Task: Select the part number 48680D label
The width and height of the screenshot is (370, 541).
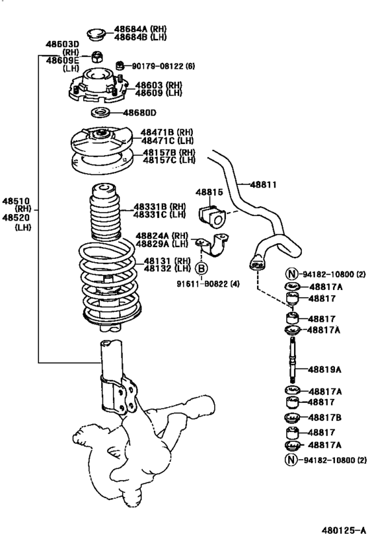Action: tap(155, 112)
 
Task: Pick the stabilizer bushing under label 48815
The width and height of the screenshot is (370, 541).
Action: tap(210, 213)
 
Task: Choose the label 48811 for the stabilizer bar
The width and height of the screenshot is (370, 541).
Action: tap(264, 185)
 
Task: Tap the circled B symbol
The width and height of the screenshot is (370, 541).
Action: tap(202, 268)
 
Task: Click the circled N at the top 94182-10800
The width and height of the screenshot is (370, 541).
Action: tap(291, 273)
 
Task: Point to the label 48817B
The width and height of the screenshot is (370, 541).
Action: tap(325, 417)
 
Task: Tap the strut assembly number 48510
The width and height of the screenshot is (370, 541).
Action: tap(15, 200)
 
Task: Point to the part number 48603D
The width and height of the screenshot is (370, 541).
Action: tap(62, 44)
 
